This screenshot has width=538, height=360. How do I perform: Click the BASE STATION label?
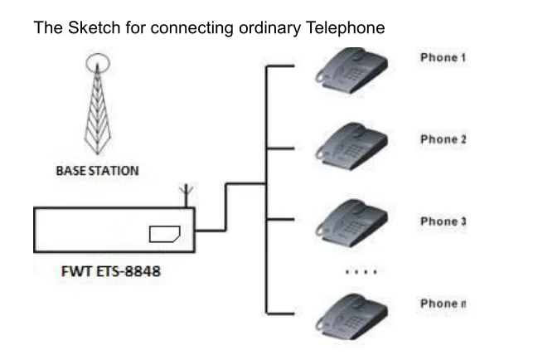point(97,171)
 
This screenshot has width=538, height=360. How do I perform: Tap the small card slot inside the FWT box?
point(166,234)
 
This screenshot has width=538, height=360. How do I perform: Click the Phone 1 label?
point(443,59)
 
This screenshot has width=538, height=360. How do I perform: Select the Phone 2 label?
point(443,139)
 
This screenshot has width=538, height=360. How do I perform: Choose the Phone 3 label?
point(443,221)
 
